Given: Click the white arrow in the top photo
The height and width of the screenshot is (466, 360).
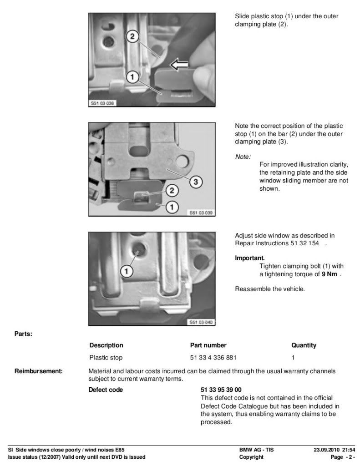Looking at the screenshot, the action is tap(179, 64).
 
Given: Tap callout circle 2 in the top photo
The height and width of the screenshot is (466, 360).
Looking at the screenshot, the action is tap(132, 36).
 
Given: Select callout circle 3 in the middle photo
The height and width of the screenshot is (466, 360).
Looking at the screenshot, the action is tap(196, 181).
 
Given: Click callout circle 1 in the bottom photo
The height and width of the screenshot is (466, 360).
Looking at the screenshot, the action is tap(127, 271).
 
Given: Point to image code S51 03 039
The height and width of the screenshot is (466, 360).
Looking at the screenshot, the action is tap(201, 213).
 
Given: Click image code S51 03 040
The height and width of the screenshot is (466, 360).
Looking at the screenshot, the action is tap(201, 323).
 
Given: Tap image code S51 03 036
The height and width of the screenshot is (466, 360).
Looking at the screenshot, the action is tap(102, 103).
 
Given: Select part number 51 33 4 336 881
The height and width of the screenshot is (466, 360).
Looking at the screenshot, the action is tap(213, 358).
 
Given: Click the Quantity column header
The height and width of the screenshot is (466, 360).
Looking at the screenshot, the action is tap(304, 345).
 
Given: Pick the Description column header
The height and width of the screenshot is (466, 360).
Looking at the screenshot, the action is tap(106, 345).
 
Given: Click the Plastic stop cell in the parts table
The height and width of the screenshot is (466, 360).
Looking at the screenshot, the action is tap(106, 358).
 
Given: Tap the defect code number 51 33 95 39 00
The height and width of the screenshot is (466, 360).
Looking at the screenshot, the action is tap(221, 390).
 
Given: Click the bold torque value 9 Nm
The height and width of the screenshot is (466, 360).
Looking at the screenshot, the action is tap(330, 274).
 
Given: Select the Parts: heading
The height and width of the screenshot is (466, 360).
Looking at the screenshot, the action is tap(23, 334).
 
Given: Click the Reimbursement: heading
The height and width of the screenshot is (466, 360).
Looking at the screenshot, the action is tap(39, 371).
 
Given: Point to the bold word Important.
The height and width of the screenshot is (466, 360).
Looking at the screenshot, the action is tap(250, 258).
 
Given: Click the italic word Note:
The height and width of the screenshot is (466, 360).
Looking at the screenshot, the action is tap(243, 157).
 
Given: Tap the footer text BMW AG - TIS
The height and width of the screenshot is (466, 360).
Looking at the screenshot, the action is tap(256, 450).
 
